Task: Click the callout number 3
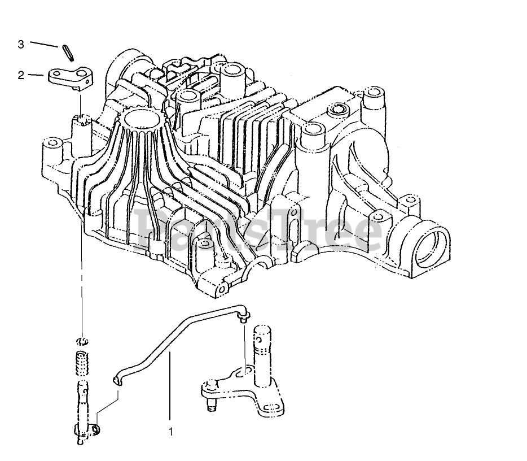[x=21, y=44]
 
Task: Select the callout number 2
[x=21, y=75]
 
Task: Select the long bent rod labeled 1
[x=169, y=339]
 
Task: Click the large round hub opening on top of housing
[x=139, y=119]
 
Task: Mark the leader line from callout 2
[x=37, y=75]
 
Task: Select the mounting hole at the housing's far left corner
[x=51, y=142]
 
